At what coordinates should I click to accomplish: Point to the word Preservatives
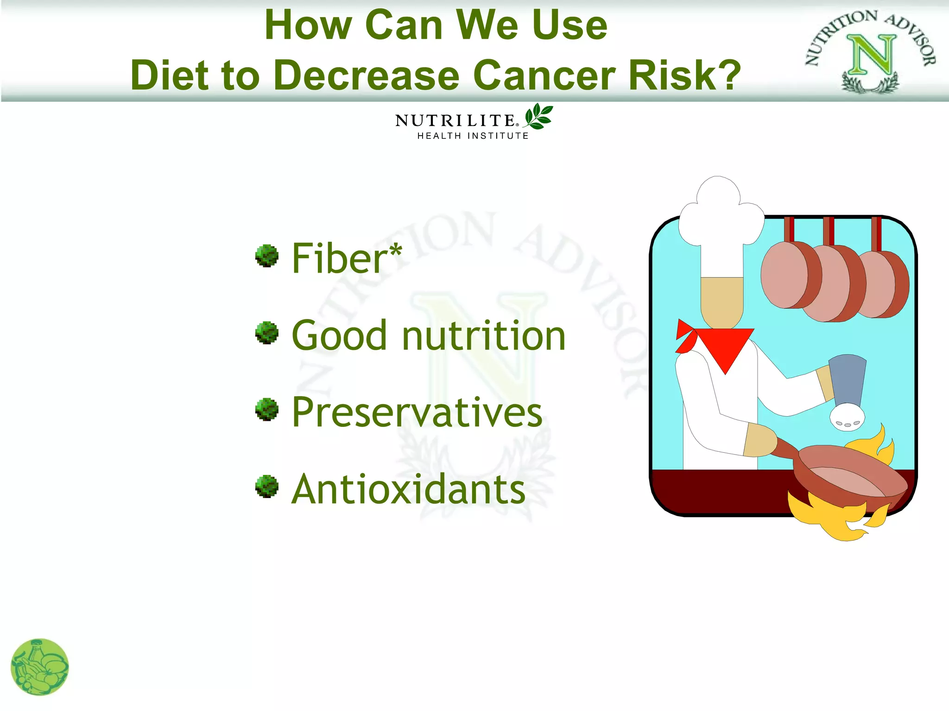pyautogui.click(x=417, y=412)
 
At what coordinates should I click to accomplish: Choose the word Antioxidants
pyautogui.click(x=408, y=489)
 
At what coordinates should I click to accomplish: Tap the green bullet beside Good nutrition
pyautogui.click(x=267, y=333)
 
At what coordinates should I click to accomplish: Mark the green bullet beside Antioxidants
pyautogui.click(x=267, y=486)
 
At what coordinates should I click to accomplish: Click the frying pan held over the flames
pyautogui.click(x=850, y=477)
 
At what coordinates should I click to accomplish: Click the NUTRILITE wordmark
pyautogui.click(x=455, y=121)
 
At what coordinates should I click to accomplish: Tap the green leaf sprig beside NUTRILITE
pyautogui.click(x=538, y=116)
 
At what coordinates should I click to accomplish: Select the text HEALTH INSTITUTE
pyautogui.click(x=473, y=136)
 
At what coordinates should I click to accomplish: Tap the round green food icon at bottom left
pyautogui.click(x=40, y=667)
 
